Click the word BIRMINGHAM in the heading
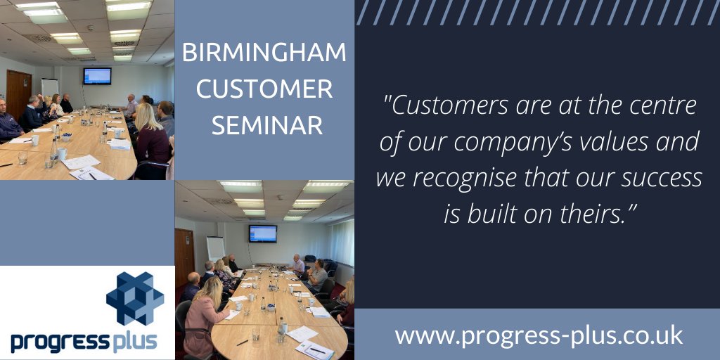(264, 53)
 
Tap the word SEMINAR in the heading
(267, 125)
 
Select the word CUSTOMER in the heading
(264, 89)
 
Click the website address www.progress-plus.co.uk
(539, 335)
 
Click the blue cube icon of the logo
(134, 298)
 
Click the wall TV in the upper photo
(97, 75)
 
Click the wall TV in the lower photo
(262, 233)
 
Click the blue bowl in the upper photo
(67, 136)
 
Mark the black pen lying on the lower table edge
(243, 343)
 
